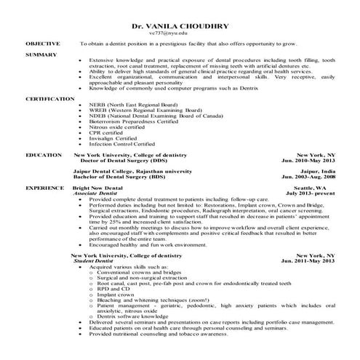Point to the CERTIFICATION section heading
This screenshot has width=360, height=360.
[49, 97]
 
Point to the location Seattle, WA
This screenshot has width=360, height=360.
[316, 187]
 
